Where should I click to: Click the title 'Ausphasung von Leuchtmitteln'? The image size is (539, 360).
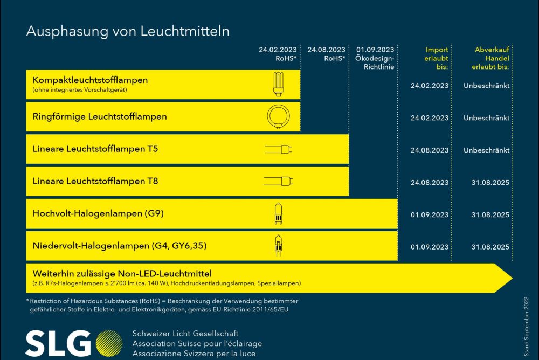tap(128, 31)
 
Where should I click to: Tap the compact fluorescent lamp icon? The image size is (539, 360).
tap(279, 85)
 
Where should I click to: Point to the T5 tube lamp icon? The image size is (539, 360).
tap(279, 149)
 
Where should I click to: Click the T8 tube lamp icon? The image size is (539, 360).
tap(279, 181)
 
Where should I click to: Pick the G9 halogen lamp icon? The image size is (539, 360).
tap(278, 213)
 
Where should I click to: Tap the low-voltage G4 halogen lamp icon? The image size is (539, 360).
tap(278, 245)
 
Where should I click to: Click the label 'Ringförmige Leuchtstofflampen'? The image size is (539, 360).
tap(100, 116)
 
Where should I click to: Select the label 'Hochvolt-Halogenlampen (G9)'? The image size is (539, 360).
tap(98, 213)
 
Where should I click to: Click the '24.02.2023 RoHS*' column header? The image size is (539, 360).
tap(278, 54)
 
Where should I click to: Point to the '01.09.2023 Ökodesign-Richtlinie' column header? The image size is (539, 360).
tap(375, 58)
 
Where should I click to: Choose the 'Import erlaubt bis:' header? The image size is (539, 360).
tap(434, 58)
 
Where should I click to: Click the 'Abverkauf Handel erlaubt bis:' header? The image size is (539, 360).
tap(488, 58)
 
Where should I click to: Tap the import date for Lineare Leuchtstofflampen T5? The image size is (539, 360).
tap(429, 150)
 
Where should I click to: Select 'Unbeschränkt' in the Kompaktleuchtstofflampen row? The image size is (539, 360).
tap(487, 86)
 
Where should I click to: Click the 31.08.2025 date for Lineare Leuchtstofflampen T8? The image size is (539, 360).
tap(489, 183)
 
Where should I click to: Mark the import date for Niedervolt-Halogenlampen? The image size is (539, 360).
tap(429, 247)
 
